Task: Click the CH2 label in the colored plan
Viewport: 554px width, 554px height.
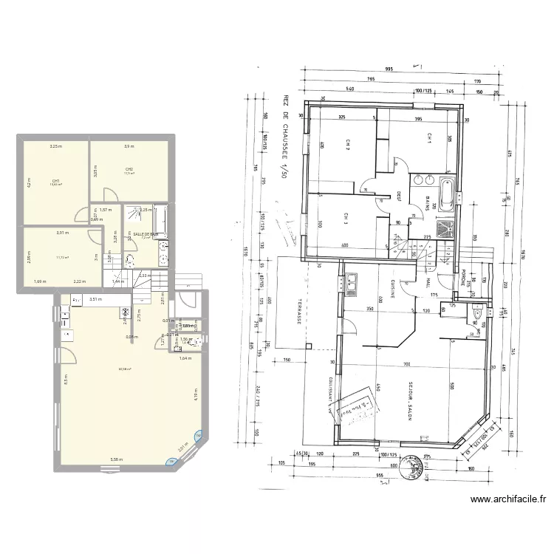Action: [129, 169]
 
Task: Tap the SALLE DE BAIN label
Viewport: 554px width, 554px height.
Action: [146, 233]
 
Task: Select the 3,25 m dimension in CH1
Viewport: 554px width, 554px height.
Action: [55, 146]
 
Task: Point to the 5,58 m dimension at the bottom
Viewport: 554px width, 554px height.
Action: [116, 459]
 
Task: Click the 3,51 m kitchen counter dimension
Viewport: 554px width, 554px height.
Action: [95, 299]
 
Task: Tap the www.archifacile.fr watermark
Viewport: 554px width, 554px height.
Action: [508, 499]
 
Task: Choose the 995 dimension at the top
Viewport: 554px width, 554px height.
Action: [389, 69]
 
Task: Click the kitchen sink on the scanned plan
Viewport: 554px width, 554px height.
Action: [352, 282]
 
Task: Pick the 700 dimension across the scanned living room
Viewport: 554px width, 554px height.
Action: [406, 366]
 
